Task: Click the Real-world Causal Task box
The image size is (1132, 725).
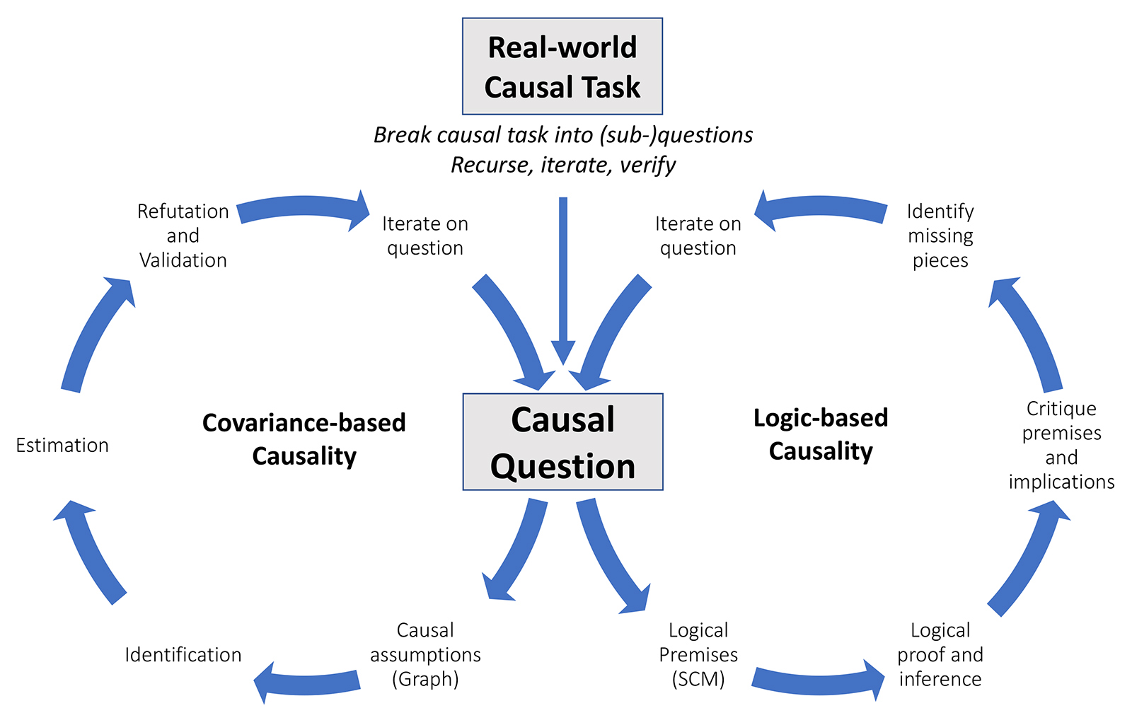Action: [562, 66]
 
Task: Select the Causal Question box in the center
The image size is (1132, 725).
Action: [562, 442]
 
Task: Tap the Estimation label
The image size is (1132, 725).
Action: [62, 446]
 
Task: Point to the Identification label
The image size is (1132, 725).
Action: [183, 655]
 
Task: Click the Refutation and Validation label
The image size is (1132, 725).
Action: [183, 236]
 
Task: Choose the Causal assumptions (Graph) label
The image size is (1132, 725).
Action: [425, 654]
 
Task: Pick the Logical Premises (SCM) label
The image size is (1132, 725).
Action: [698, 654]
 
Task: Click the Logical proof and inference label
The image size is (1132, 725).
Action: [940, 654]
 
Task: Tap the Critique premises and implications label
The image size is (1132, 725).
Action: [1061, 445]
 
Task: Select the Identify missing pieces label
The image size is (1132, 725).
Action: [940, 236]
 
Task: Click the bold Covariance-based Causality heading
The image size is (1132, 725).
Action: [304, 439]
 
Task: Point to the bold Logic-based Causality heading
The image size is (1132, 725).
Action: [821, 434]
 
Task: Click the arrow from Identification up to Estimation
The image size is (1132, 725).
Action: [88, 552]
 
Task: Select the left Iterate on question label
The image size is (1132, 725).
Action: [425, 236]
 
